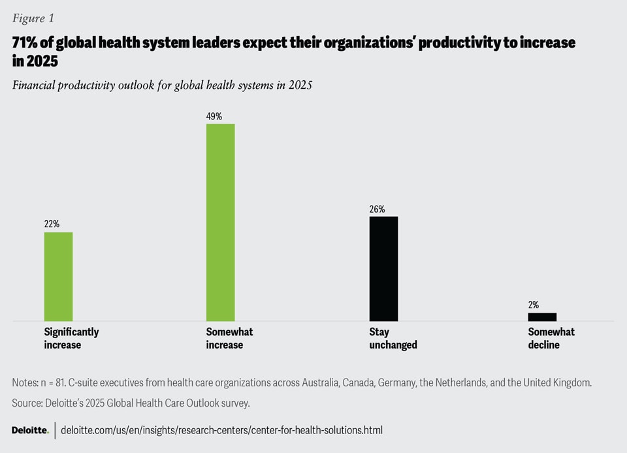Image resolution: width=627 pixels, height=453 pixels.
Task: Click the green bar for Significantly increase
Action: pos(58,276)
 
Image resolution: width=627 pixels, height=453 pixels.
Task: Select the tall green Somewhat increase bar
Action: pos(221,222)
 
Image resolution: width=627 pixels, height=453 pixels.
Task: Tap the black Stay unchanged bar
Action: pos(383,268)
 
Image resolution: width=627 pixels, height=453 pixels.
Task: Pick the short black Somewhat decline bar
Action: pos(542,317)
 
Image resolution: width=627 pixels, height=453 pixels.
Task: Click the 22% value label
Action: pos(52,224)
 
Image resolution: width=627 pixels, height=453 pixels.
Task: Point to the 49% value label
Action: pos(214,116)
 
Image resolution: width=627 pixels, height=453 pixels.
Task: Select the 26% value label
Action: pos(377,209)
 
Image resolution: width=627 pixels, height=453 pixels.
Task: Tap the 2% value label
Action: pos(534,305)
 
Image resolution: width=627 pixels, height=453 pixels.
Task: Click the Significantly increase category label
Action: pos(71,338)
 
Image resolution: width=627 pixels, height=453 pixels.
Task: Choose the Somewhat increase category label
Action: pos(229,338)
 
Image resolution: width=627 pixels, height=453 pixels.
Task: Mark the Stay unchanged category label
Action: pos(393,338)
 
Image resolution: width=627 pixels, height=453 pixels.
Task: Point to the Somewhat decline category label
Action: pos(551,338)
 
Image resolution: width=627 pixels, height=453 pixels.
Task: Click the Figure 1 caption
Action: pos(33,18)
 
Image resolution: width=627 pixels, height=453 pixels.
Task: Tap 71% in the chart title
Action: pos(25,43)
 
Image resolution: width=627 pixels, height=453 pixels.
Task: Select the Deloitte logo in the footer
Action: pos(30,430)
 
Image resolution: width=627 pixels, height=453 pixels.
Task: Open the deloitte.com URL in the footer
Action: pos(221,430)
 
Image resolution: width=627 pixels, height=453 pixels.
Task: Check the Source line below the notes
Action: pos(131,403)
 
